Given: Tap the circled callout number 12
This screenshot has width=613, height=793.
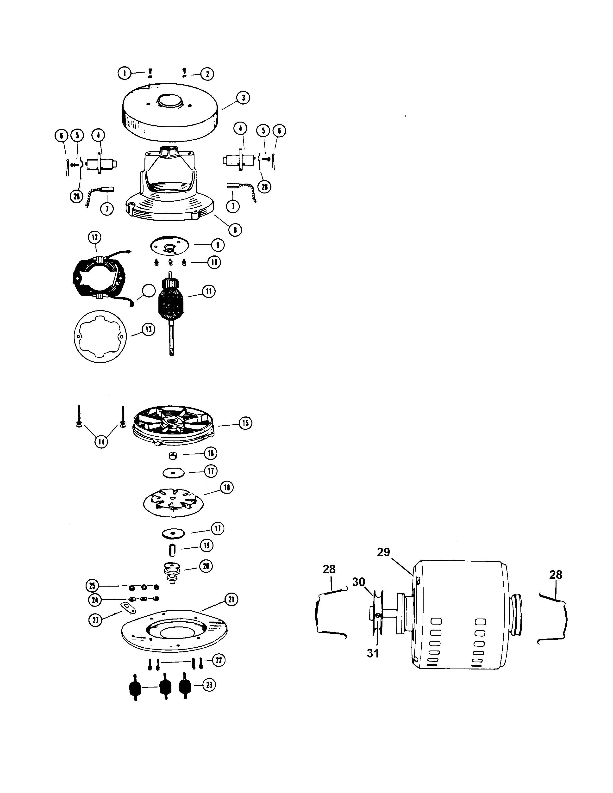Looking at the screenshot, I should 95,237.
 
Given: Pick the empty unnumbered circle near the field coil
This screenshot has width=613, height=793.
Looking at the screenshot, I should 148,291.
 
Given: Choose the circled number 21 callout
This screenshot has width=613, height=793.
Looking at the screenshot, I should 231,600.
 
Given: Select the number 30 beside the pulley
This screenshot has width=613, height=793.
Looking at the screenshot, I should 358,582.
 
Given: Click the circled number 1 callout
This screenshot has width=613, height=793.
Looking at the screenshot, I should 125,73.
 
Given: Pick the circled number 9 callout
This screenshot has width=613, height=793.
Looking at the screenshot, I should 218,245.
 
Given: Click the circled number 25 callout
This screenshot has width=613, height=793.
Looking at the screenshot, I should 93,586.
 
